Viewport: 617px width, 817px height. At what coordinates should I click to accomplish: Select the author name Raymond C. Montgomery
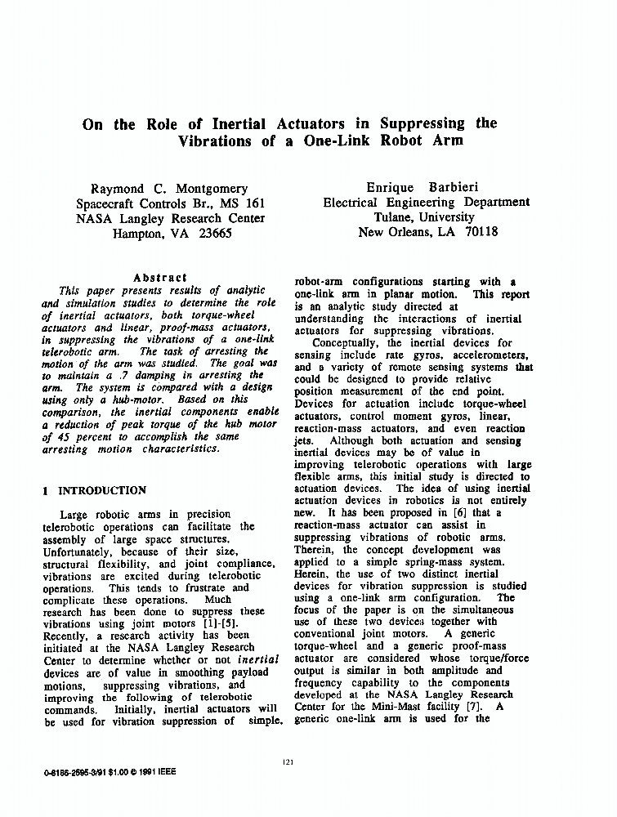(x=169, y=189)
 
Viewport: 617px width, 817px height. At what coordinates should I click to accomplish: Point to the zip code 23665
(x=210, y=233)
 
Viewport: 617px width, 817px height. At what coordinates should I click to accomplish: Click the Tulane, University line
(x=424, y=217)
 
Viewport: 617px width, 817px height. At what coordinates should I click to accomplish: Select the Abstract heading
(x=159, y=278)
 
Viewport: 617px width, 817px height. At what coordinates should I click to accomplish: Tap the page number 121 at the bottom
(x=287, y=762)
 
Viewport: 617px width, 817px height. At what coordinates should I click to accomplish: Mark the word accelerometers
(x=485, y=355)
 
